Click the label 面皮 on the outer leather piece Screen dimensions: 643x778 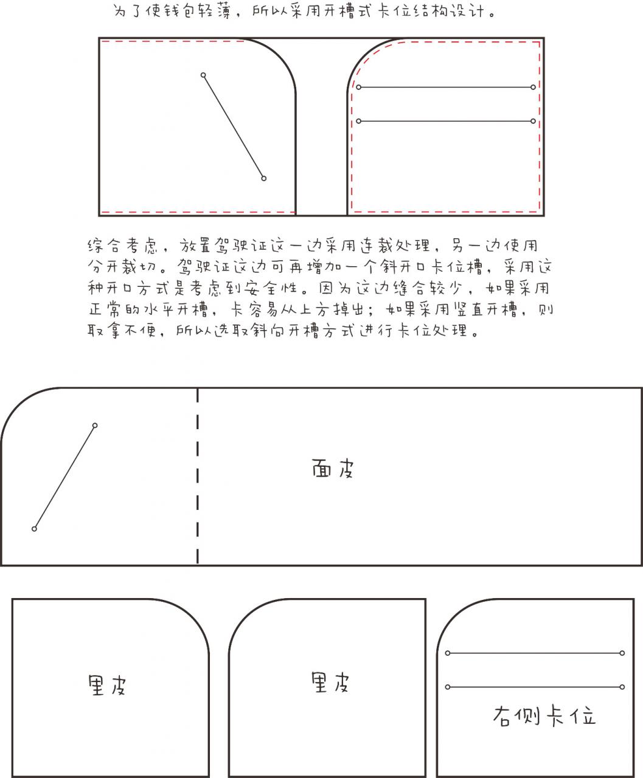333,469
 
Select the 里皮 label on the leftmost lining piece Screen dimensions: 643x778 107,685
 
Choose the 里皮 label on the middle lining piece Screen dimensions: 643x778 330,682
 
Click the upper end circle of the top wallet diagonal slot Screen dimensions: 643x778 203,75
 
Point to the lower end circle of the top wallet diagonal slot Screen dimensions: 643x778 263,179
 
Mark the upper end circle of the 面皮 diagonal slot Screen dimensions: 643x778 95,425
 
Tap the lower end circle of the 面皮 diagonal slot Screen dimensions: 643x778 34,529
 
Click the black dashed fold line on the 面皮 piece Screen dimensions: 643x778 198,476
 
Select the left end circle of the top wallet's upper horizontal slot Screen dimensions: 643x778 358,87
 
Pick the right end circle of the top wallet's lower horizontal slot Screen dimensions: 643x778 533,121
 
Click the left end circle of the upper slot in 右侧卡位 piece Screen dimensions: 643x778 448,653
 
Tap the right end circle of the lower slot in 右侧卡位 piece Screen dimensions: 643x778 622,687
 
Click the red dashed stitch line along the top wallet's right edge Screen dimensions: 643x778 540,126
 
